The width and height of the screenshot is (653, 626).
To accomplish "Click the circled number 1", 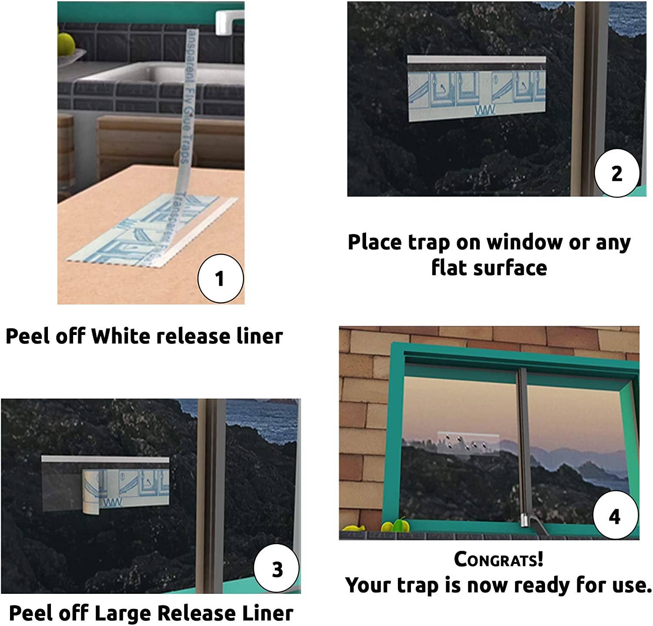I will pos(220,278).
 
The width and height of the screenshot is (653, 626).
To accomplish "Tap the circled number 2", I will pos(617,173).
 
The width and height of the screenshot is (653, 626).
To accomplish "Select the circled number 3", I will pos(277,569).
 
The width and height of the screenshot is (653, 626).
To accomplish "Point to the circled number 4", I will pos(615,516).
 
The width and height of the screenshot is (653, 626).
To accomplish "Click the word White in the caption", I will pos(121,336).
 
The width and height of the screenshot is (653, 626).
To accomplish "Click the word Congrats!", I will pos(498,559).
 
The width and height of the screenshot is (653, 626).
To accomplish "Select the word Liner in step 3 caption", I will pos(267,613).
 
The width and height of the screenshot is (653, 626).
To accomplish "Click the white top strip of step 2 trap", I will pos(476,60).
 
